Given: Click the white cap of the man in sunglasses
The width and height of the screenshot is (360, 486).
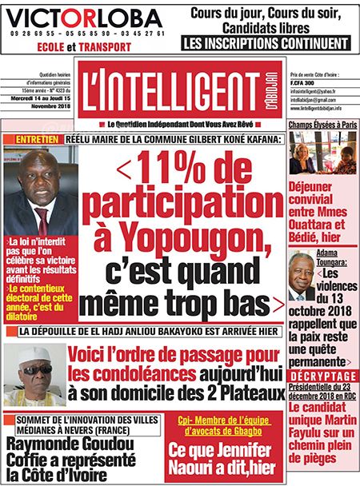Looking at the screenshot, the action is (34, 354).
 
